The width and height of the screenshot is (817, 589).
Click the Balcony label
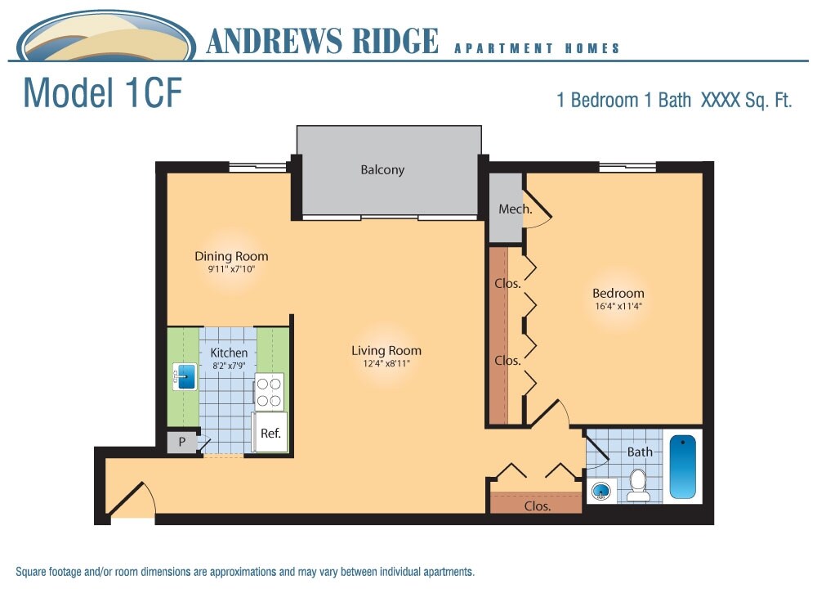click(382, 170)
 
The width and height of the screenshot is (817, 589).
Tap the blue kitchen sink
click(186, 377)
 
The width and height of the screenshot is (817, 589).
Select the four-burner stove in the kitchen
click(269, 391)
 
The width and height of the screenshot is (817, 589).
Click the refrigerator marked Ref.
click(270, 433)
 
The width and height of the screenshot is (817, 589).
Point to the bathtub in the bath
click(683, 466)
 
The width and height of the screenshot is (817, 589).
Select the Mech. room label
click(515, 209)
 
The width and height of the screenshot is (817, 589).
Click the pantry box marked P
click(181, 443)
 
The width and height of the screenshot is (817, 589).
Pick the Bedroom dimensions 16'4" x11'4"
click(618, 308)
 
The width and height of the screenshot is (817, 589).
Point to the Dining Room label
click(231, 256)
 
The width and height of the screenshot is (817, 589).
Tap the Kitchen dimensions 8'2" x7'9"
click(229, 366)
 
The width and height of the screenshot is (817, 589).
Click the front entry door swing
click(134, 501)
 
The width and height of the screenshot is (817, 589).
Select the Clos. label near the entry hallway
click(537, 506)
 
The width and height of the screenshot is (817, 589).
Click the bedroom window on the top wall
click(627, 168)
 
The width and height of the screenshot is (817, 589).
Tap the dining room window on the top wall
click(257, 168)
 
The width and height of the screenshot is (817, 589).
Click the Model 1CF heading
click(102, 93)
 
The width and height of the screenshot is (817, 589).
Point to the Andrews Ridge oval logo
click(106, 38)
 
